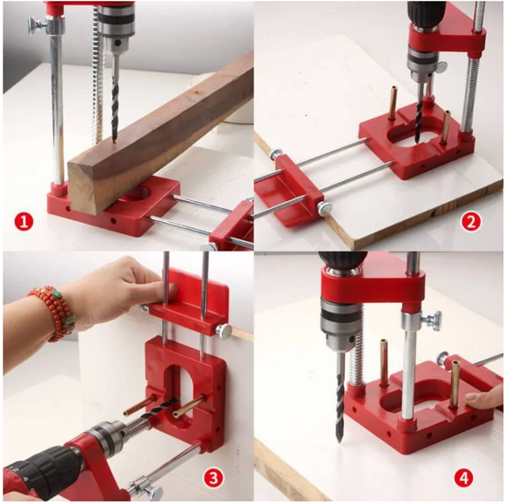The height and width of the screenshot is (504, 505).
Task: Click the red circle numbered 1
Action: [24, 222]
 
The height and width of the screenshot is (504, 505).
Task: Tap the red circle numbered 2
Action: [471, 222]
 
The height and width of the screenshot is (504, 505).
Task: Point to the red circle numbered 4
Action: [464, 478]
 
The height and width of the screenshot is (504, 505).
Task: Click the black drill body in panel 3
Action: [42, 470]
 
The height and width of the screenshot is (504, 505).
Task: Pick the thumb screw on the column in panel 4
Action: [434, 320]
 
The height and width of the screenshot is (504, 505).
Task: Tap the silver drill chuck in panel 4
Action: [338, 327]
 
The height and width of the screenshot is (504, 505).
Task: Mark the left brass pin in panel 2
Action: [394, 103]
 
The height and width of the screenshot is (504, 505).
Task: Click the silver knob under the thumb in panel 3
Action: [223, 331]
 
